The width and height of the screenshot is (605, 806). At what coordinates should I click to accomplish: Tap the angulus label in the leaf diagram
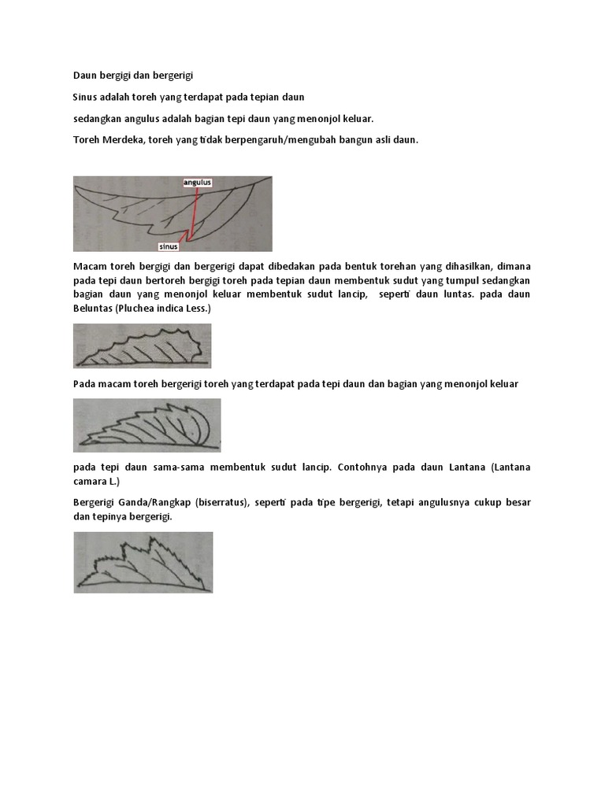(x=198, y=183)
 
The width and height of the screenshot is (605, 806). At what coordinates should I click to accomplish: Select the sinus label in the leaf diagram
(x=169, y=246)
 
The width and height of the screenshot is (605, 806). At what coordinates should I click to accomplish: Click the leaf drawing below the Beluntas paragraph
(x=143, y=346)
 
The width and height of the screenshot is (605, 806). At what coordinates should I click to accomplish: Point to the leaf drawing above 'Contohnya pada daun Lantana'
(x=147, y=425)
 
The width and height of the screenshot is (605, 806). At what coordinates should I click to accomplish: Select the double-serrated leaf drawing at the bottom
(x=143, y=562)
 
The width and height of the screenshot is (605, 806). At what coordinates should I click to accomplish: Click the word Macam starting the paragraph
(x=89, y=266)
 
